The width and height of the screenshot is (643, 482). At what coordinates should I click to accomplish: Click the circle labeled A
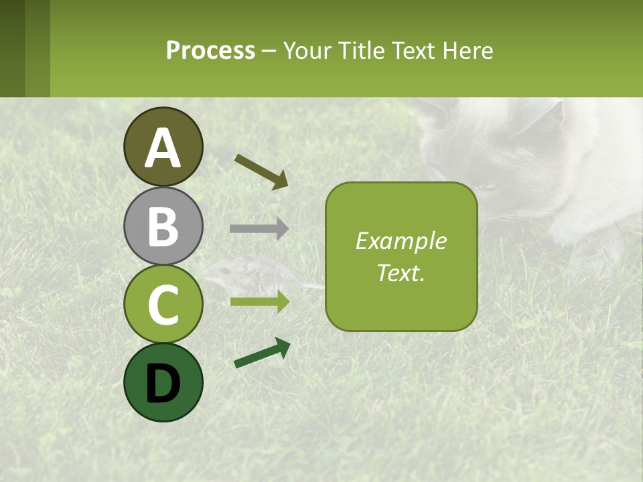(163, 147)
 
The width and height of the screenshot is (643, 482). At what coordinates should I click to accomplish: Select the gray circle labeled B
(163, 226)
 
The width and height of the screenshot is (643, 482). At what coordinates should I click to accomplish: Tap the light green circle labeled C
(163, 304)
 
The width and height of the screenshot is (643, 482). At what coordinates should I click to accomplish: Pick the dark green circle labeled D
(163, 382)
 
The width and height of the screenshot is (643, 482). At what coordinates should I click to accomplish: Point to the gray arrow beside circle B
(259, 229)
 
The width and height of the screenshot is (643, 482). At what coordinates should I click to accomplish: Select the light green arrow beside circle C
(259, 302)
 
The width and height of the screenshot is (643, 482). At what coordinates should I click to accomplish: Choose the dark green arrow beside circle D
(262, 353)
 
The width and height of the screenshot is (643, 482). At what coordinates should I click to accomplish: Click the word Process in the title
(210, 50)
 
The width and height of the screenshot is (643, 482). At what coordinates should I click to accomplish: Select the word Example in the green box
(401, 241)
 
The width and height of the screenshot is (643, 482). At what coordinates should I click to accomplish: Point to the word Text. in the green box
(401, 272)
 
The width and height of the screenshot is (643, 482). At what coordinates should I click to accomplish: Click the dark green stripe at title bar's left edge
(12, 48)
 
